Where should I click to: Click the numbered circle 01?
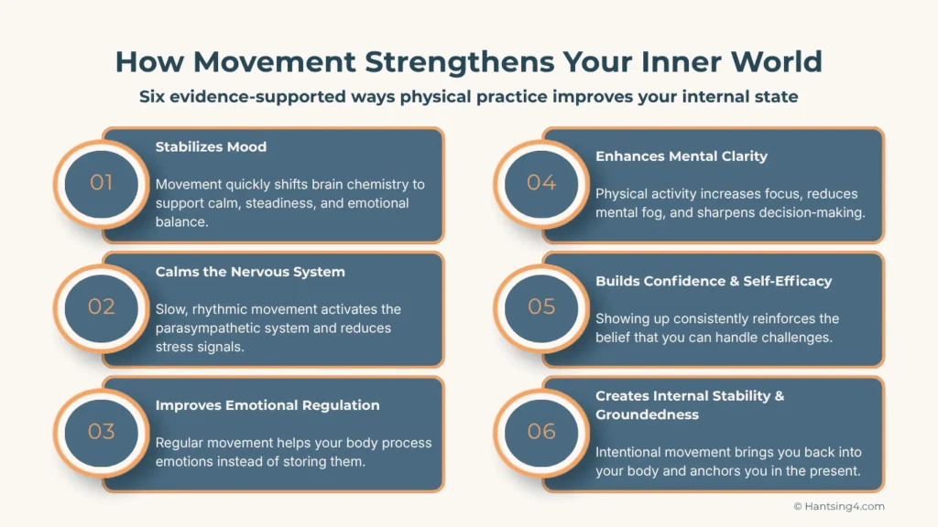101,183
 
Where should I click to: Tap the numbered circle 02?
101,307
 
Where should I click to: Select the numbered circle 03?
101,431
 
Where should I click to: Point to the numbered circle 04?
541,183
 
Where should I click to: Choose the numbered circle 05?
541,307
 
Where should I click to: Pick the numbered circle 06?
541,431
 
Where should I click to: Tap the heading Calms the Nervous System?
249,271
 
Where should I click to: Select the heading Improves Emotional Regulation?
267,404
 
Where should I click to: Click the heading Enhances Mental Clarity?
682,156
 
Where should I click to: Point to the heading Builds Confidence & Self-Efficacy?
714,281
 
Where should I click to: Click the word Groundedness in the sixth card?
648,414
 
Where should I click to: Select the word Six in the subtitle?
153,96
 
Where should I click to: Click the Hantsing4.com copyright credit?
839,506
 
